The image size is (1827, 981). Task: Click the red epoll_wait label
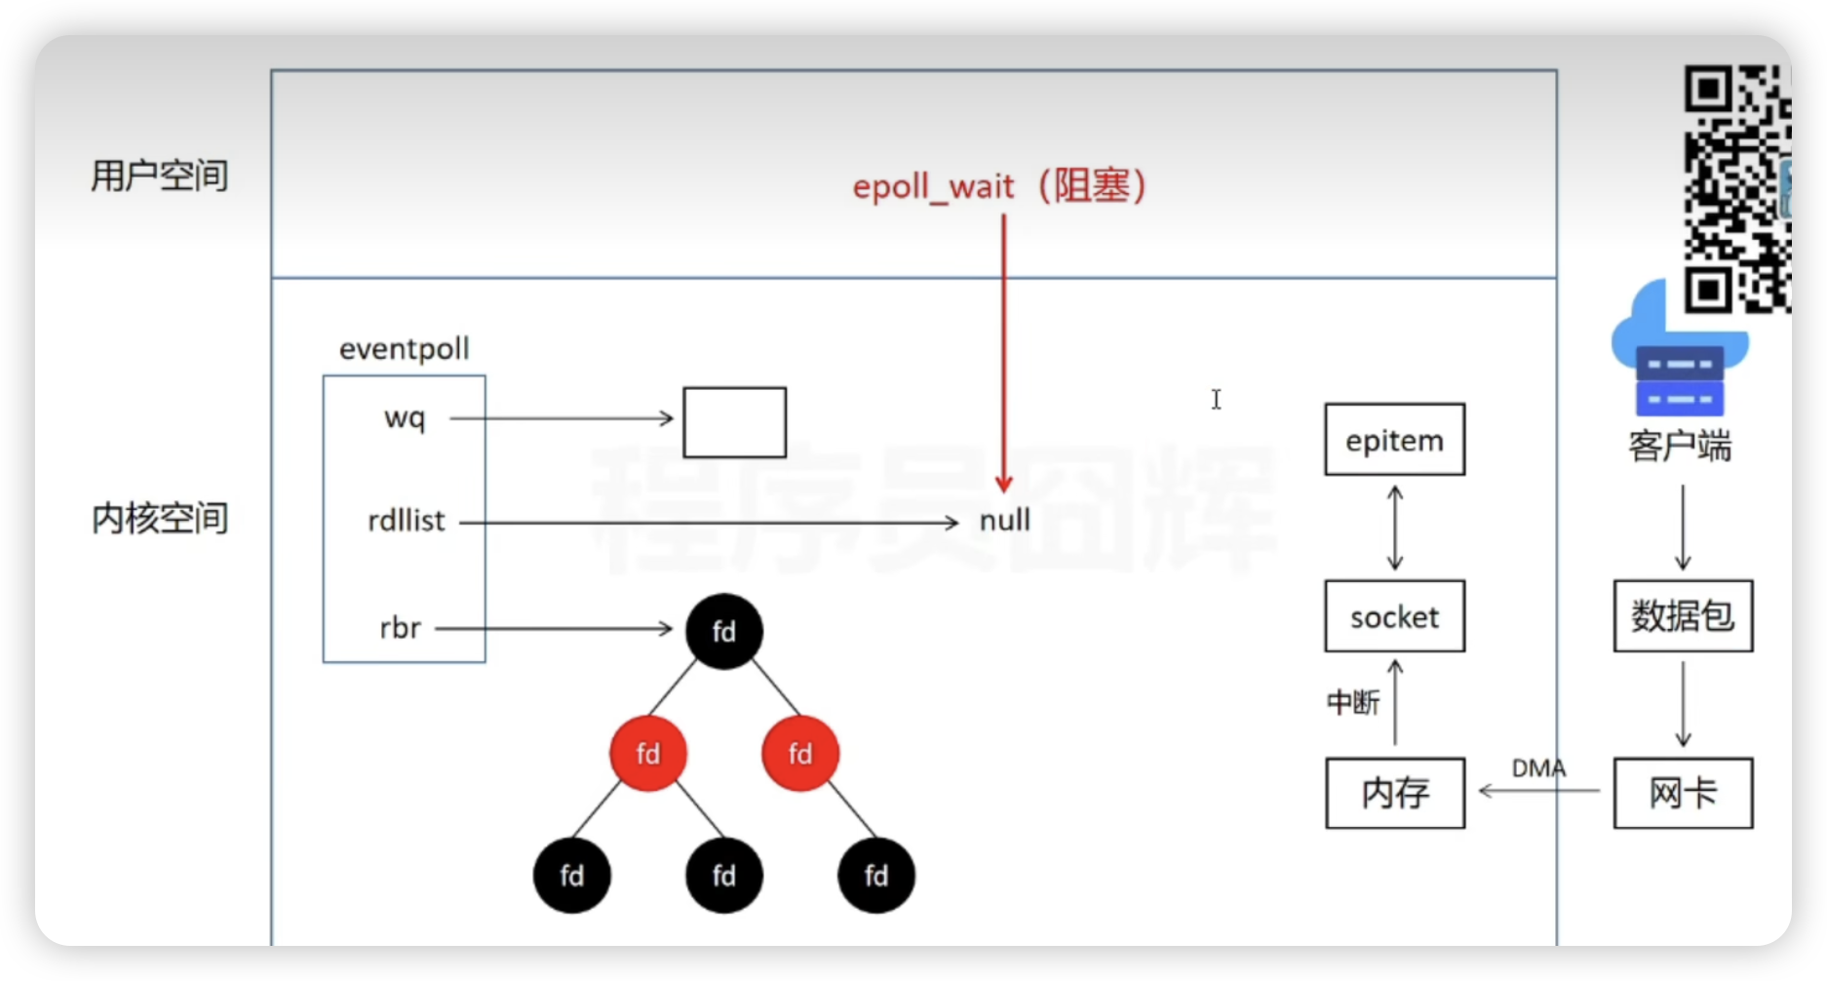[x=998, y=185]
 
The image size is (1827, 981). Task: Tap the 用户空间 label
[x=160, y=177]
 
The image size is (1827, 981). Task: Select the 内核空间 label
[x=160, y=519]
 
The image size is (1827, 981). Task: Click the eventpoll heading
[x=404, y=349]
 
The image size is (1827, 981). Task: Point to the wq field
[x=405, y=418]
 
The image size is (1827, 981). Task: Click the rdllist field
[x=406, y=522]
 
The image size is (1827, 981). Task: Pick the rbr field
[x=400, y=628]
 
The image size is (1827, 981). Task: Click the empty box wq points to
[x=734, y=422]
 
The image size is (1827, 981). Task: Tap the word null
[x=1004, y=521]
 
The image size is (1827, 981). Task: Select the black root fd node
[x=723, y=631]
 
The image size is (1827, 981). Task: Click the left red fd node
[x=648, y=753]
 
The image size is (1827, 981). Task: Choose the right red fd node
[x=800, y=753]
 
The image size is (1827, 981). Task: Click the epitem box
[x=1394, y=440]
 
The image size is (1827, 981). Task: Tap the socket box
[x=1394, y=616]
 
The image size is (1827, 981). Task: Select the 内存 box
[x=1394, y=793]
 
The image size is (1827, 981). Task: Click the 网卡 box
[x=1683, y=793]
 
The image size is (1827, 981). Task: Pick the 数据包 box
[x=1683, y=616]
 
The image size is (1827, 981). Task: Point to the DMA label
[x=1538, y=768]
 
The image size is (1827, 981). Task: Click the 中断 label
[x=1353, y=702]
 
